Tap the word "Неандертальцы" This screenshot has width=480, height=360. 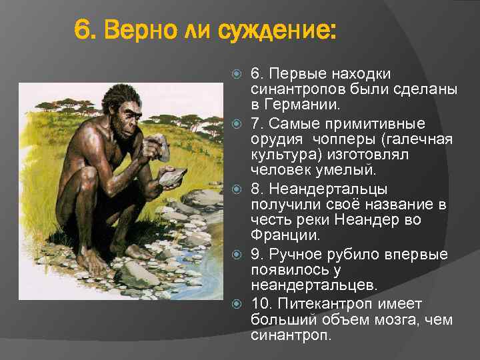click(329, 189)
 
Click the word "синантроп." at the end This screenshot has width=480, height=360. click(291, 335)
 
